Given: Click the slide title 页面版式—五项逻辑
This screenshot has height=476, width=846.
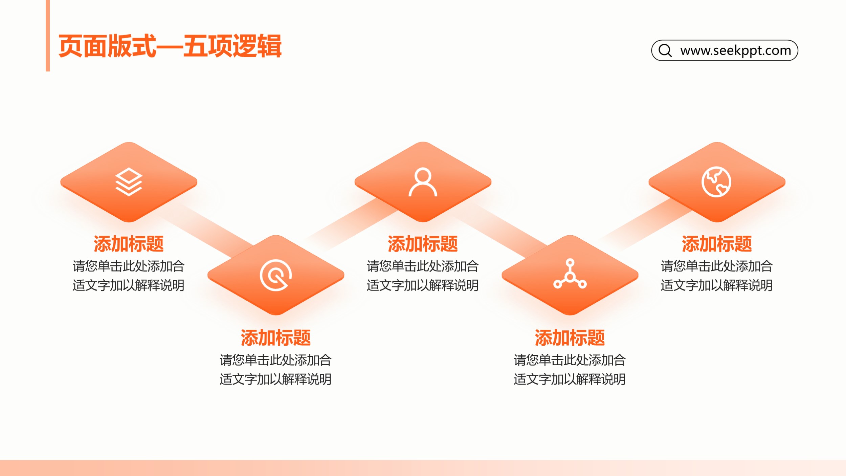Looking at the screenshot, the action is pos(170,46).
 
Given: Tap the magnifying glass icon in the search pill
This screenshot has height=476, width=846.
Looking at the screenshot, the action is pos(665,50).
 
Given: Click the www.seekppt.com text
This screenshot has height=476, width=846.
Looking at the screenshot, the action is pos(736,50).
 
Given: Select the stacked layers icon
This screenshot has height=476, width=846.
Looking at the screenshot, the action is pos(129,182).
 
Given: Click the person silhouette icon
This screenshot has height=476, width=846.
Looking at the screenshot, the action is pos(423,182).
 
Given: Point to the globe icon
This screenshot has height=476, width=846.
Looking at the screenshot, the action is pos(716,182).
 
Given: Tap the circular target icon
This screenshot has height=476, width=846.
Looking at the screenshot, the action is pos(276,275).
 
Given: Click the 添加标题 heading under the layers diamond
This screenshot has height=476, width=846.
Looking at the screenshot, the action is pos(129,244).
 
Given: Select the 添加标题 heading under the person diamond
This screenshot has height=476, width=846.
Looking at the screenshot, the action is pos(423,244).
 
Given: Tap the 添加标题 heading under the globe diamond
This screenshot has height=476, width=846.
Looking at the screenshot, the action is pos(717,244).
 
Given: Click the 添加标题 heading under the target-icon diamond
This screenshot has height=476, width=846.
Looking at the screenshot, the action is pos(276,338).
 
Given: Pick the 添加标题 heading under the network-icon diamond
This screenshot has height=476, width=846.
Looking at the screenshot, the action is pos(570,338).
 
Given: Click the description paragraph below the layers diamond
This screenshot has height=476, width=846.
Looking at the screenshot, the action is pos(129,276).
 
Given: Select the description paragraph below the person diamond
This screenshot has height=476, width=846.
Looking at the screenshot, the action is pos(423,276).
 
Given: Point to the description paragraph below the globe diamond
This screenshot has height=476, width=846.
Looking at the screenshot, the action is pos(717,276).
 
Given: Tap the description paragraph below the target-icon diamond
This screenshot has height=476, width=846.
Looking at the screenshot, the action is pos(276,369).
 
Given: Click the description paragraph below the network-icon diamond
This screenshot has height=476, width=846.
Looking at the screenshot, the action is pos(570,369).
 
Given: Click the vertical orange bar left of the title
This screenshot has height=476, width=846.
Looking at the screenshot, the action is pos(48,36).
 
